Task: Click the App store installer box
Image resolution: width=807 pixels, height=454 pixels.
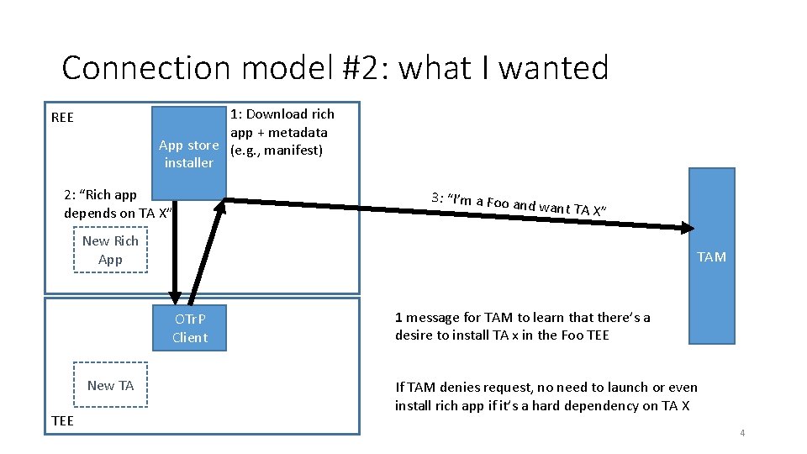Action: click(189, 153)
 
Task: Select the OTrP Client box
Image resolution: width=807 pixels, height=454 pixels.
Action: click(190, 328)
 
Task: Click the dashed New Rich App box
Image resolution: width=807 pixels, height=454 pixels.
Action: click(110, 250)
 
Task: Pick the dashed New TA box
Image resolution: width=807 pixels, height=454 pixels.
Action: click(110, 385)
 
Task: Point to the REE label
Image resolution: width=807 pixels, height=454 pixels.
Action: click(62, 118)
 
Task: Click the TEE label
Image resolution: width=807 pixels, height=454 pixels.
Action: click(62, 420)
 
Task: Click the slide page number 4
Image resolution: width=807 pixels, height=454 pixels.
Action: click(742, 433)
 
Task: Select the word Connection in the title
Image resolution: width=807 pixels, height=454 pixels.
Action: click(135, 67)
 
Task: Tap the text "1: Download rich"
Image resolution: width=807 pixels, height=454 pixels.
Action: click(282, 114)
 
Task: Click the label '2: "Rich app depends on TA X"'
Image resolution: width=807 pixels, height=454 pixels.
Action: click(117, 203)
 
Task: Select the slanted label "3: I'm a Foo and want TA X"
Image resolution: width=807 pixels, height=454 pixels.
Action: click(520, 203)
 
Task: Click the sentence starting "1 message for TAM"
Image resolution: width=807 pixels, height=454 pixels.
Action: click(522, 326)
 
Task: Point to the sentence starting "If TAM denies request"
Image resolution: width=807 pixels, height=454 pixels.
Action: click(546, 396)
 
